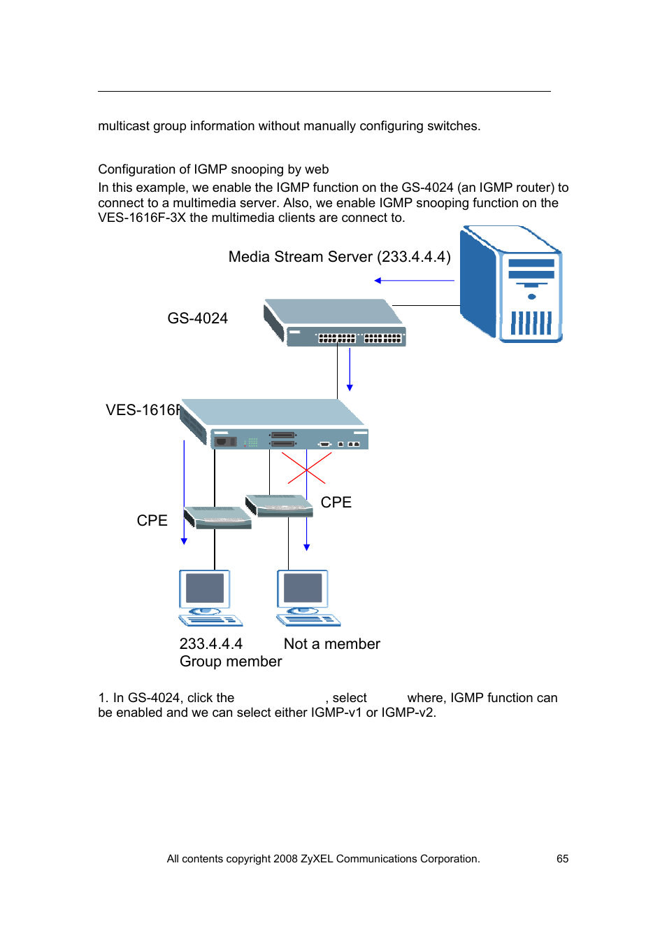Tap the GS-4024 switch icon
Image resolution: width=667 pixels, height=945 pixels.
pos(335,323)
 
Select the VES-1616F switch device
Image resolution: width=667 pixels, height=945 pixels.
pos(274,423)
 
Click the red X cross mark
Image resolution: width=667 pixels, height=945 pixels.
pos(306,468)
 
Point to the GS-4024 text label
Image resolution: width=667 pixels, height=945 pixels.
pos(197,318)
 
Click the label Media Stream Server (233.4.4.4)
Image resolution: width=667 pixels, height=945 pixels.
pos(339,257)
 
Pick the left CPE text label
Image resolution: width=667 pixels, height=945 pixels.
pos(152,521)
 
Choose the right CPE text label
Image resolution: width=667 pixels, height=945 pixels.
pos(336,503)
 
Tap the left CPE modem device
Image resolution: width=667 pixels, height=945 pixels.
pos(217,518)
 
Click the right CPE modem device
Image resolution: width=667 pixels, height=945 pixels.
pos(280,505)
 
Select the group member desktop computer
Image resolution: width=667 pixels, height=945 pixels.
pos(208,597)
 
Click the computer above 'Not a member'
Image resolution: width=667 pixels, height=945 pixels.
pos(306,597)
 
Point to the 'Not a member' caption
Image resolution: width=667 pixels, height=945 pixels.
pos(331,644)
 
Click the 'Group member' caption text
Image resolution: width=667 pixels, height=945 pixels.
pos(231,661)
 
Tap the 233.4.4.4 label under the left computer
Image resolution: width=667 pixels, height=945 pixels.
pos(210,644)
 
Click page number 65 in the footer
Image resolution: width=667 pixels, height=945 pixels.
pos(562,859)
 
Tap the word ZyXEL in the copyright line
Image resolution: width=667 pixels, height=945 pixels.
pos(317,859)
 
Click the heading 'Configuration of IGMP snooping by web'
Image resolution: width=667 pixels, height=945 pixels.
pos(213,169)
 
